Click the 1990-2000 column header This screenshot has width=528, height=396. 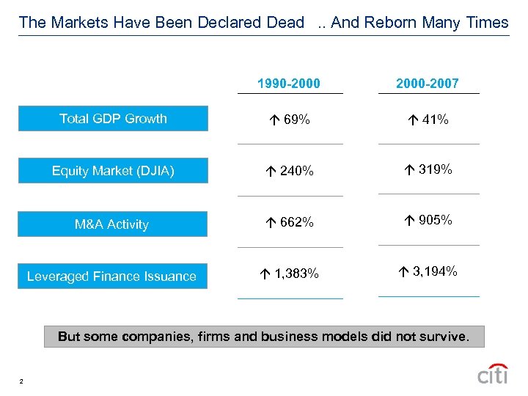point(288,84)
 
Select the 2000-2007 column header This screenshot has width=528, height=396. point(427,84)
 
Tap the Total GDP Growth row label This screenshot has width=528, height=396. point(113,119)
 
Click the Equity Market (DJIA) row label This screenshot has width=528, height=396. point(113,172)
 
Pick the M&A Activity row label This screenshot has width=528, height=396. point(111,224)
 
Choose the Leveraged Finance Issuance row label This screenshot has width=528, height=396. point(111,276)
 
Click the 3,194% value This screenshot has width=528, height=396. point(435,272)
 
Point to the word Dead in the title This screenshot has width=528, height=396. point(286,22)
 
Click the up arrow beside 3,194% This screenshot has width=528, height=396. point(405,272)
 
